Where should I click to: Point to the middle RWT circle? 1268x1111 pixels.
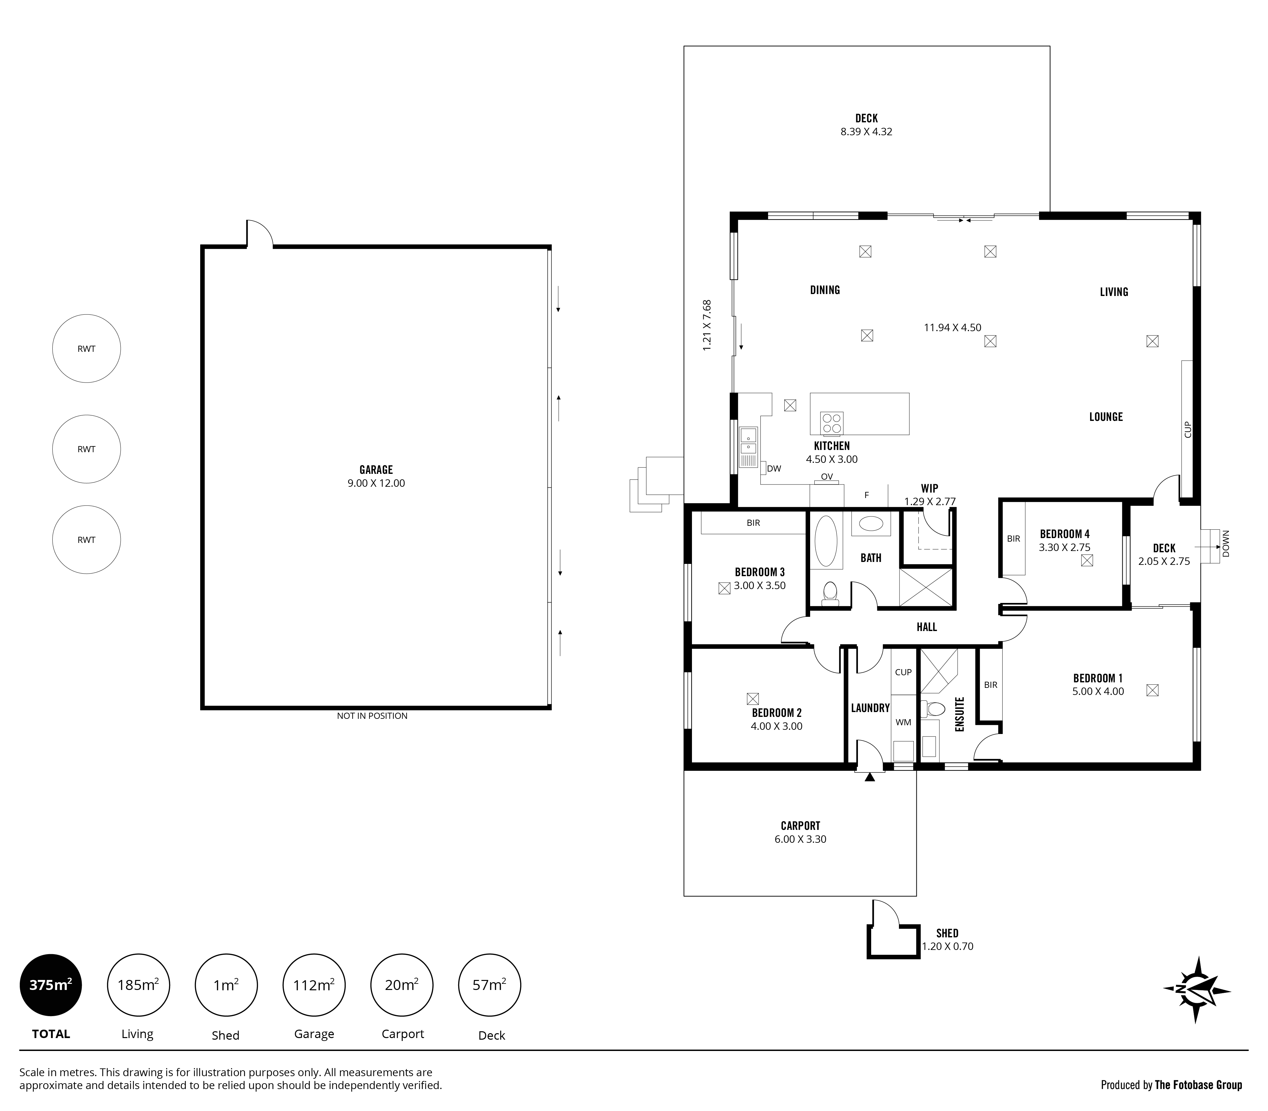[86, 449]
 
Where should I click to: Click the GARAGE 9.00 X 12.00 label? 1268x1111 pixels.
[376, 476]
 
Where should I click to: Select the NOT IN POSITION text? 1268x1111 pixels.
[372, 716]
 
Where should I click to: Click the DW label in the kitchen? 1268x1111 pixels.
[774, 469]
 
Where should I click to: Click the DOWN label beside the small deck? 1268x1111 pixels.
[1226, 544]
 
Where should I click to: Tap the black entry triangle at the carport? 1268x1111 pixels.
[869, 776]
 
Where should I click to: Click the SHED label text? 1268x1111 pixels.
[947, 933]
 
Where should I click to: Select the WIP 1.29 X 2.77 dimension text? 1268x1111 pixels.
[930, 502]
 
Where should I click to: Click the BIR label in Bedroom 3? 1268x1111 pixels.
[753, 523]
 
